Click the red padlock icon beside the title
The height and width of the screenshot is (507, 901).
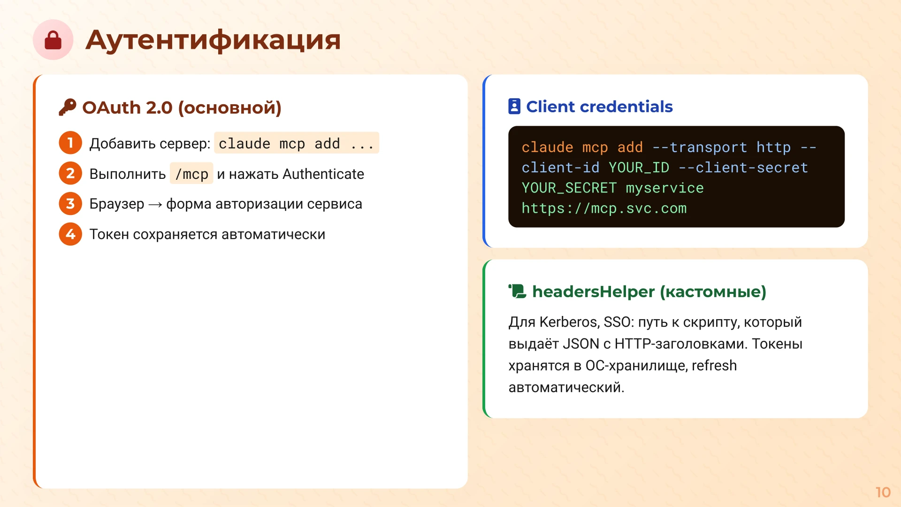click(x=53, y=40)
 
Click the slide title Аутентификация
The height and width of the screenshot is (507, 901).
click(x=213, y=40)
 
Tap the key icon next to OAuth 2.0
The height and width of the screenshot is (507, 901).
click(x=68, y=108)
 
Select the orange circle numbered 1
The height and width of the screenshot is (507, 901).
click(x=70, y=143)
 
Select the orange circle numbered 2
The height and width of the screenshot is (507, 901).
click(x=70, y=173)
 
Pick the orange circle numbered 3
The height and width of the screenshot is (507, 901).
click(x=70, y=204)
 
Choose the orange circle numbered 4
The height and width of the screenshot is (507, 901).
click(x=70, y=234)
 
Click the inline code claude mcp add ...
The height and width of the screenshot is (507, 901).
click(x=296, y=143)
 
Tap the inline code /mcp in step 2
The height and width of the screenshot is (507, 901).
click(x=191, y=174)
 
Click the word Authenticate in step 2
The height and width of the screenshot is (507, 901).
click(x=323, y=174)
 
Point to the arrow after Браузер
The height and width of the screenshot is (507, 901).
click(x=155, y=205)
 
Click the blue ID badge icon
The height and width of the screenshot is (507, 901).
click(x=514, y=107)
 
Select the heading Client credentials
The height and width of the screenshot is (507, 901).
click(x=599, y=107)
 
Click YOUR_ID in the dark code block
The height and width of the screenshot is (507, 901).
click(x=639, y=168)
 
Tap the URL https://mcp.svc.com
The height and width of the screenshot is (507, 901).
click(x=604, y=208)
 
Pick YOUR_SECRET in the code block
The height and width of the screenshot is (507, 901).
click(x=569, y=188)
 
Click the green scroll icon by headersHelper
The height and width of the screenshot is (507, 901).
click(x=518, y=292)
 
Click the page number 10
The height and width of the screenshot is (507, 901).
click(x=883, y=492)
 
